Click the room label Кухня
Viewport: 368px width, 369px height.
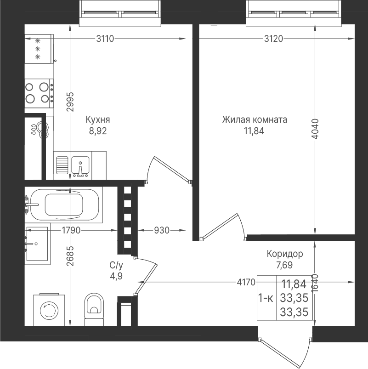98,120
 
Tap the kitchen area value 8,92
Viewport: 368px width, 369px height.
98,131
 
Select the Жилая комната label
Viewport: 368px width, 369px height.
255,119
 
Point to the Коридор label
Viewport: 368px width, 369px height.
285,254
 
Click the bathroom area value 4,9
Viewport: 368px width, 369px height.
116,276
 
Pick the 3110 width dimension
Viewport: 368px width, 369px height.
105,39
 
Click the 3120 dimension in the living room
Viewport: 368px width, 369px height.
273,39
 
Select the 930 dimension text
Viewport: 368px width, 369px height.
162,230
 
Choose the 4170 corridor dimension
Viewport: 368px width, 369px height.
246,282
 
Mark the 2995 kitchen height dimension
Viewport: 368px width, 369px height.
70,102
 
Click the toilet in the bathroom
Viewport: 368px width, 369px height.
94,309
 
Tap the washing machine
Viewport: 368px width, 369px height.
49,310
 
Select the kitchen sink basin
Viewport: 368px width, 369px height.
80,166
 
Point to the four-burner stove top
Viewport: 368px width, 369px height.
39,93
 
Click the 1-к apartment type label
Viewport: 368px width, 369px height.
266,298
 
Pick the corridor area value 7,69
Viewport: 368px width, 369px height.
284,265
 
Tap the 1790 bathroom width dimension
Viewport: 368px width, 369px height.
71,230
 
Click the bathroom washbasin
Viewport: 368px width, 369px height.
37,244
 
